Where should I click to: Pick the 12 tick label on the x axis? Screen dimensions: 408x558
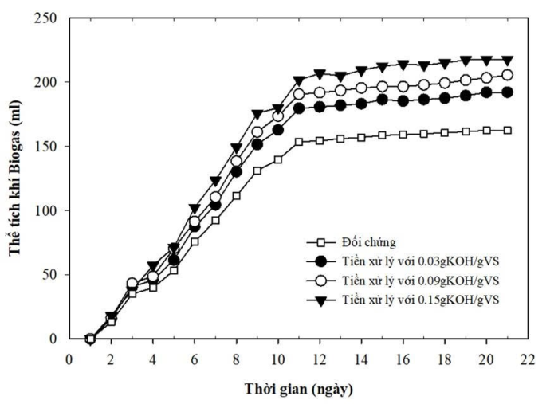pyautogui.click(x=320, y=358)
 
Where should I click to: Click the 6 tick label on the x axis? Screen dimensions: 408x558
pyautogui.click(x=195, y=358)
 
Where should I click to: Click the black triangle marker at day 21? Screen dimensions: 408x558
pyautogui.click(x=507, y=60)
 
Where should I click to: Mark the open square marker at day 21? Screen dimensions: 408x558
pyautogui.click(x=507, y=130)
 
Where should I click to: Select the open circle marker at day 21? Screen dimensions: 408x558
pyautogui.click(x=507, y=75)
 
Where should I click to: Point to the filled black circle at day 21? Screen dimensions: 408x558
pyautogui.click(x=507, y=92)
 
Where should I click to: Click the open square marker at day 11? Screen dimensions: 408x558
pyautogui.click(x=299, y=142)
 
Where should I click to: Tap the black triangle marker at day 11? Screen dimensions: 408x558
pyautogui.click(x=299, y=80)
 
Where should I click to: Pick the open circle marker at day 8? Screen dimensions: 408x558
pyautogui.click(x=237, y=162)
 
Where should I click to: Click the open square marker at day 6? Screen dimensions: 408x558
pyautogui.click(x=195, y=241)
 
